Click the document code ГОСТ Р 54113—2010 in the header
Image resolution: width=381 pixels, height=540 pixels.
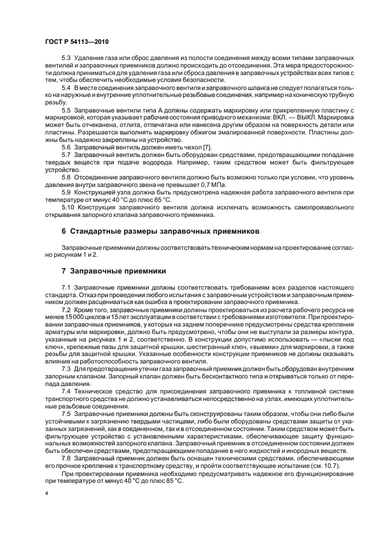click(76, 42)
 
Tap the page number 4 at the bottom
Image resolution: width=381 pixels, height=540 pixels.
click(46, 494)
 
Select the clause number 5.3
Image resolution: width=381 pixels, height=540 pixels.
click(66, 59)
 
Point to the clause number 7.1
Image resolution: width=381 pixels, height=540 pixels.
click(66, 287)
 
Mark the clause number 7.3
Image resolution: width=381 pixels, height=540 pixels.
click(66, 369)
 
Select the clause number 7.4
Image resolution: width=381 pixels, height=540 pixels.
click(66, 391)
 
